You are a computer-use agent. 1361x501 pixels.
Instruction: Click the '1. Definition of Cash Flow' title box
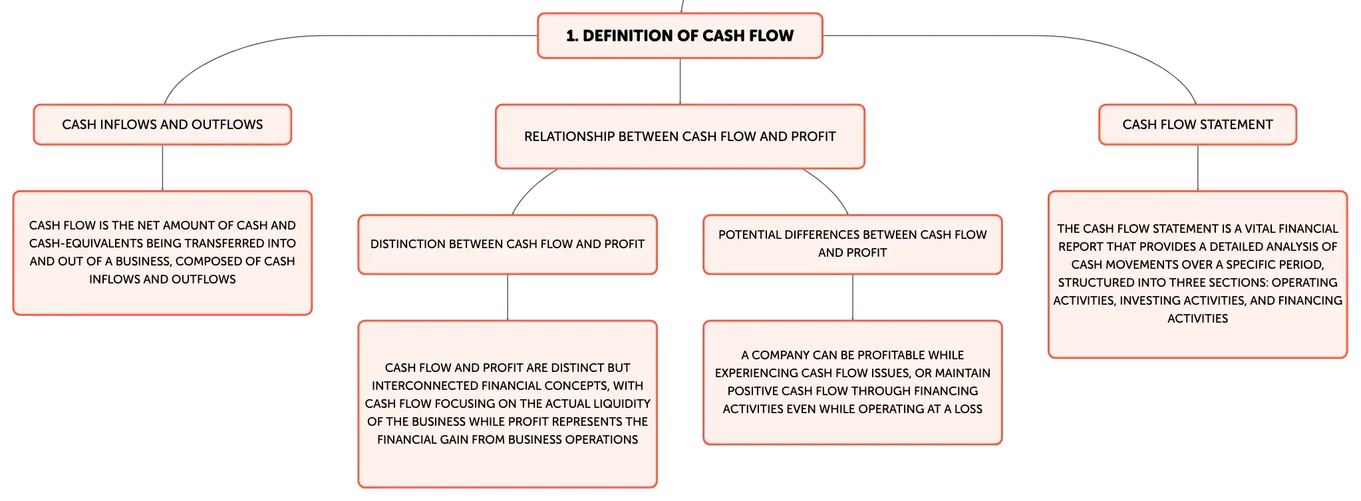click(x=680, y=36)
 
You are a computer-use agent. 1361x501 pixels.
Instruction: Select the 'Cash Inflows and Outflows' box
click(x=162, y=124)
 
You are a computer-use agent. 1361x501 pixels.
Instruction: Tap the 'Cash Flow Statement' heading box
click(x=1197, y=124)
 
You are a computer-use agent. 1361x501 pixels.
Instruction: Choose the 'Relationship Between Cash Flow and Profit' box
click(x=680, y=136)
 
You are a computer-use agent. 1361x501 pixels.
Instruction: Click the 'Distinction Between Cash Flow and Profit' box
click(x=508, y=244)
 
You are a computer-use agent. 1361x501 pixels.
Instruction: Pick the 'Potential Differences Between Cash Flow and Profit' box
click(x=852, y=244)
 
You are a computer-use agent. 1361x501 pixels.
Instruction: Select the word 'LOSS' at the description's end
click(x=968, y=409)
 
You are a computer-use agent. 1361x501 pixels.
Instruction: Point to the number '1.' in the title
click(x=572, y=36)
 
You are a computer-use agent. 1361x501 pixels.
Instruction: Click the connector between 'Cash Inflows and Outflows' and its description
click(x=162, y=168)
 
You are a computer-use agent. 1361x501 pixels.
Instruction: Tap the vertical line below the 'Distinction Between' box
click(x=508, y=297)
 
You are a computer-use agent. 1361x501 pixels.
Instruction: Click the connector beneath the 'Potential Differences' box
click(x=852, y=297)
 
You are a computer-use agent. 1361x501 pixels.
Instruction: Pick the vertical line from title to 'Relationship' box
click(x=679, y=81)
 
